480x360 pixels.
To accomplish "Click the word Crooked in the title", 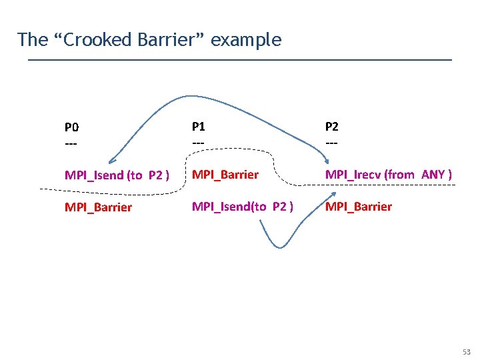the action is point(93,40).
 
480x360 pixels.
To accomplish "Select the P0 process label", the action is point(71,127).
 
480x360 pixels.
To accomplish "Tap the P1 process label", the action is point(199,125).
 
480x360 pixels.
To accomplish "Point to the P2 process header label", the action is point(331,127).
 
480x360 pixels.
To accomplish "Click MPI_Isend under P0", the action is point(95,175).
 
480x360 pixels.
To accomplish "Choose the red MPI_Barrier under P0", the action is point(98,207).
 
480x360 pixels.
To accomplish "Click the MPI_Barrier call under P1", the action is point(225,175).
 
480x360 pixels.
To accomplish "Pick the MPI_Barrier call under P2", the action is point(359,206).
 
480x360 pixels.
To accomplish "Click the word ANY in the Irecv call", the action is point(433,175).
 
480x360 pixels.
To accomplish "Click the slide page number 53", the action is point(466,352).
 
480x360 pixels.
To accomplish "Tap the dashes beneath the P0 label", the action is point(71,143).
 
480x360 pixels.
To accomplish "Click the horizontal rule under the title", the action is point(240,61).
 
